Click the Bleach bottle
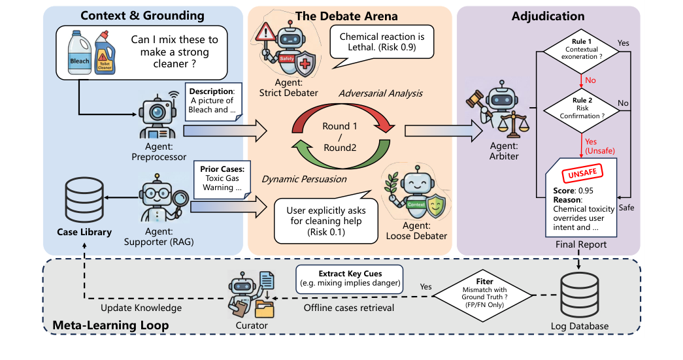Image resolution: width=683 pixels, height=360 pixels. [84, 55]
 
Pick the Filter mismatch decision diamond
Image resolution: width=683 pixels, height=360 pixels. [488, 293]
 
